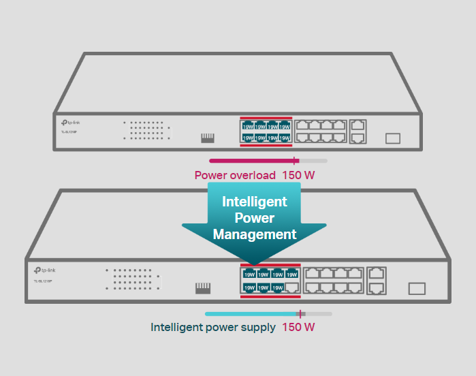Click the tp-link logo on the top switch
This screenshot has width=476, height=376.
pyautogui.click(x=70, y=121)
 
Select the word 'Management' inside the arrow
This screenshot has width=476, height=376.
pyautogui.click(x=255, y=234)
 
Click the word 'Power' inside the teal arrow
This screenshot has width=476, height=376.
pyautogui.click(x=255, y=218)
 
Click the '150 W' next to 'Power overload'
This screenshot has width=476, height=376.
pyautogui.click(x=298, y=175)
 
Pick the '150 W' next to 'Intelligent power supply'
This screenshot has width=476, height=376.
pyautogui.click(x=298, y=327)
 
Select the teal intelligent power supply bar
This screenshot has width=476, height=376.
pyautogui.click(x=252, y=314)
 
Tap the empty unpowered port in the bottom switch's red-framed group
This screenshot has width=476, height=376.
pyautogui.click(x=292, y=287)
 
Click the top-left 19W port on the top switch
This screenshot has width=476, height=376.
pyautogui.click(x=248, y=126)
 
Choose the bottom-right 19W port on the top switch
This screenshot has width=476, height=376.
pyautogui.click(x=284, y=138)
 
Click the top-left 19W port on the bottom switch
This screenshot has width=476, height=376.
pyautogui.click(x=250, y=275)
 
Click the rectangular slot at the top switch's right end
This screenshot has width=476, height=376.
pyautogui.click(x=393, y=138)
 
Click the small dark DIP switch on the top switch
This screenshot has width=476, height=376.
pyautogui.click(x=208, y=138)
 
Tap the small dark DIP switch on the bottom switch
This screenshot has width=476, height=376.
pyautogui.click(x=202, y=288)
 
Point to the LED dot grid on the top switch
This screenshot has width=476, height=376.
pyautogui.click(x=145, y=131)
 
